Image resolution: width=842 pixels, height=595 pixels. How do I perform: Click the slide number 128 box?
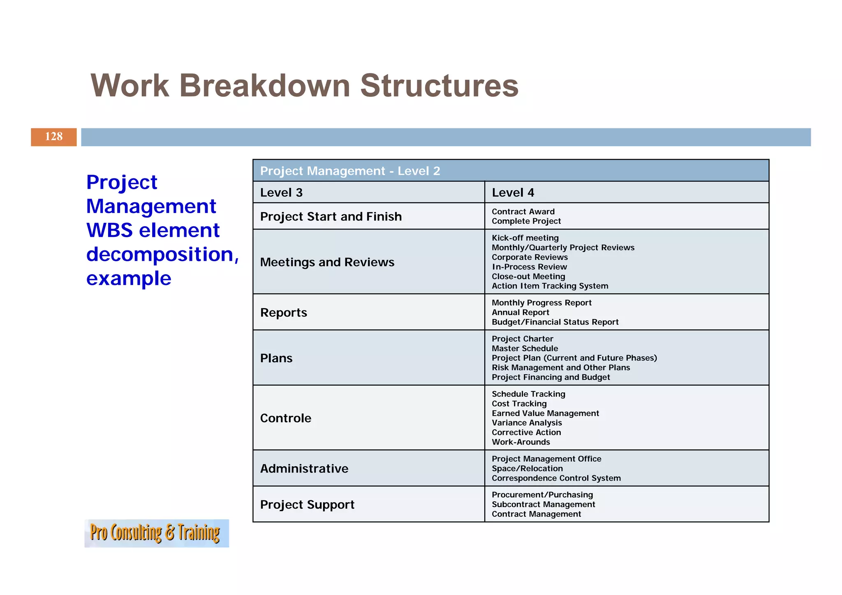pyautogui.click(x=54, y=137)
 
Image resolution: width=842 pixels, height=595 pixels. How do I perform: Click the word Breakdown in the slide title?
pyautogui.click(x=264, y=86)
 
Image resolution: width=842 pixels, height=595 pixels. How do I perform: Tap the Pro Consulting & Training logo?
pyautogui.click(x=156, y=533)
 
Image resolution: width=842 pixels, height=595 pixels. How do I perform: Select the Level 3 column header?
pyautogui.click(x=282, y=192)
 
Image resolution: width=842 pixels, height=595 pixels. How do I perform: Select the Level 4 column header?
pyautogui.click(x=513, y=192)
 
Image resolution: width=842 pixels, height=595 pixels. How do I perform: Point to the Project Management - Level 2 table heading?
pyautogui.click(x=350, y=171)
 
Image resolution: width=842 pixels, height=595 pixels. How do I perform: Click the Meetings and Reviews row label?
pyautogui.click(x=327, y=262)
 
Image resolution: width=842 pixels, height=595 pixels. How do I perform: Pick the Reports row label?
pyautogui.click(x=284, y=313)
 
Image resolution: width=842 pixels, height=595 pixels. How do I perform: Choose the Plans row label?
pyautogui.click(x=276, y=358)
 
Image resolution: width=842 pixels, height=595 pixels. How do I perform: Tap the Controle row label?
pyautogui.click(x=286, y=418)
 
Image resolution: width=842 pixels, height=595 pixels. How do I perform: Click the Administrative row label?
pyautogui.click(x=304, y=469)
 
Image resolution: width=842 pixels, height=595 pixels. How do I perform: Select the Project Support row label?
pyautogui.click(x=307, y=505)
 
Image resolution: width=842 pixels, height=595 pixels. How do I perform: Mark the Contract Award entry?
pyautogui.click(x=523, y=212)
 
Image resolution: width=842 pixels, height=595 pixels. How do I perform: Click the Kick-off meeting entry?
pyautogui.click(x=525, y=238)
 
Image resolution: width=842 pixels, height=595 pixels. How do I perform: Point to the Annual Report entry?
pyautogui.click(x=520, y=313)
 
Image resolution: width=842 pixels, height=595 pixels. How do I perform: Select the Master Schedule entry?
pyautogui.click(x=525, y=348)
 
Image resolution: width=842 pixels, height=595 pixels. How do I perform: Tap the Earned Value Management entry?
pyautogui.click(x=545, y=413)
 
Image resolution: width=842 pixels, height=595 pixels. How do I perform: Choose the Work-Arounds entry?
pyautogui.click(x=521, y=442)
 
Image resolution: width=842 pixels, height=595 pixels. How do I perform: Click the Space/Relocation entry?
pyautogui.click(x=527, y=468)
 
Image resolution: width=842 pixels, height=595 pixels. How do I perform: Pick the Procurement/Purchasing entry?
pyautogui.click(x=542, y=495)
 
